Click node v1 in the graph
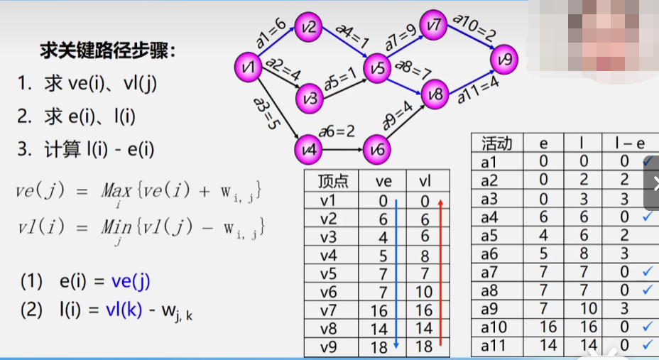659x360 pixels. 247,68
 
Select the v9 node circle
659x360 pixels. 503,60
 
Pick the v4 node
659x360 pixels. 307,149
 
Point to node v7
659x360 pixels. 434,25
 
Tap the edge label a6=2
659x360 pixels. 336,131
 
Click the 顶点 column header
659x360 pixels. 331,181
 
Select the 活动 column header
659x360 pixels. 496,143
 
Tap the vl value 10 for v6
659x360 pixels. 424,293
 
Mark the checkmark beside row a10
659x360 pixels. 647,327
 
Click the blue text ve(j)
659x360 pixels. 131,281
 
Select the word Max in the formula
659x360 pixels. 116,190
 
